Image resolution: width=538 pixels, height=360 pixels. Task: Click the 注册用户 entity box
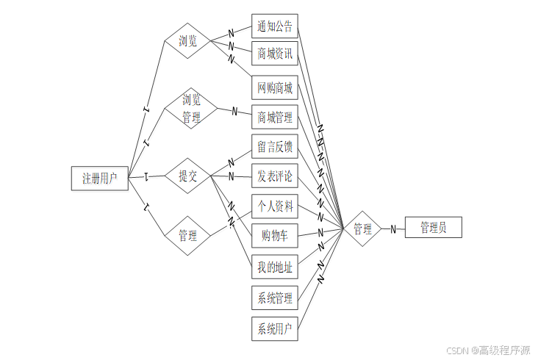pyautogui.click(x=100, y=178)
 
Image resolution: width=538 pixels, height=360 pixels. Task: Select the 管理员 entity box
pyautogui.click(x=433, y=228)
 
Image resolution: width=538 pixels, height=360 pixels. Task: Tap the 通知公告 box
pyautogui.click(x=275, y=28)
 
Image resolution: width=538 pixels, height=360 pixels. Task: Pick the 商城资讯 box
pyautogui.click(x=275, y=54)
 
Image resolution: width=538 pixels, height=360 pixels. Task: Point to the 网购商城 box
pyautogui.click(x=275, y=89)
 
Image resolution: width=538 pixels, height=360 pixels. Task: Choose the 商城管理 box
pyautogui.click(x=275, y=117)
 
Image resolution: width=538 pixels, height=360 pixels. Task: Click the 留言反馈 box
pyautogui.click(x=275, y=146)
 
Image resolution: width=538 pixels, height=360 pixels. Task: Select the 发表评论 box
pyautogui.click(x=275, y=176)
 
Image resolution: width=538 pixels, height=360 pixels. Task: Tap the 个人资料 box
pyautogui.click(x=275, y=206)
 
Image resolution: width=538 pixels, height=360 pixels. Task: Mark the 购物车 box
pyautogui.click(x=275, y=236)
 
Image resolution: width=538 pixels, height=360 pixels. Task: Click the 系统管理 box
pyautogui.click(x=275, y=298)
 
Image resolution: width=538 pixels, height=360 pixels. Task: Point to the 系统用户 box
pyautogui.click(x=275, y=328)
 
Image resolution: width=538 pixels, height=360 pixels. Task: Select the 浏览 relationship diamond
pyautogui.click(x=188, y=40)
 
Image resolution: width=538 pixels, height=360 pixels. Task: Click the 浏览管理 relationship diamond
pyautogui.click(x=190, y=108)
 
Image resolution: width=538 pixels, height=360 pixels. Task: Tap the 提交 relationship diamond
pyautogui.click(x=188, y=176)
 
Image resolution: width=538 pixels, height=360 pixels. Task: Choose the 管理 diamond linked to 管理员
pyautogui.click(x=362, y=228)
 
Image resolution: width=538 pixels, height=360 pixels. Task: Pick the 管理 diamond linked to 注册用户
pyautogui.click(x=188, y=236)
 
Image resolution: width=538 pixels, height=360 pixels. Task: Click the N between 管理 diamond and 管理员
pyautogui.click(x=393, y=228)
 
